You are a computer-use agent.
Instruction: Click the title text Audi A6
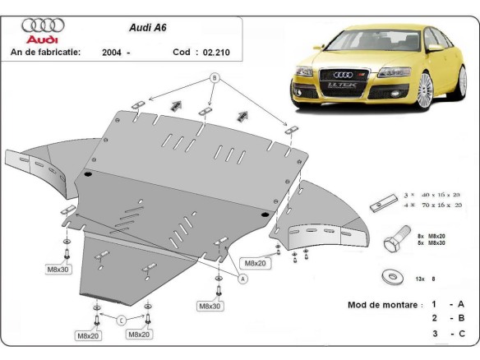click(x=147, y=26)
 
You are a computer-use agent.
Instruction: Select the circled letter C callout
click(x=122, y=320)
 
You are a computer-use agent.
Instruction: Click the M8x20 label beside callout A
click(x=253, y=263)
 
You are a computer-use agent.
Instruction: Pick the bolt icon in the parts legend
click(x=395, y=238)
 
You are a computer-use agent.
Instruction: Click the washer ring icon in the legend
click(x=386, y=277)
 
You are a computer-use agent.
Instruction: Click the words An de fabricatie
click(x=44, y=52)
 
